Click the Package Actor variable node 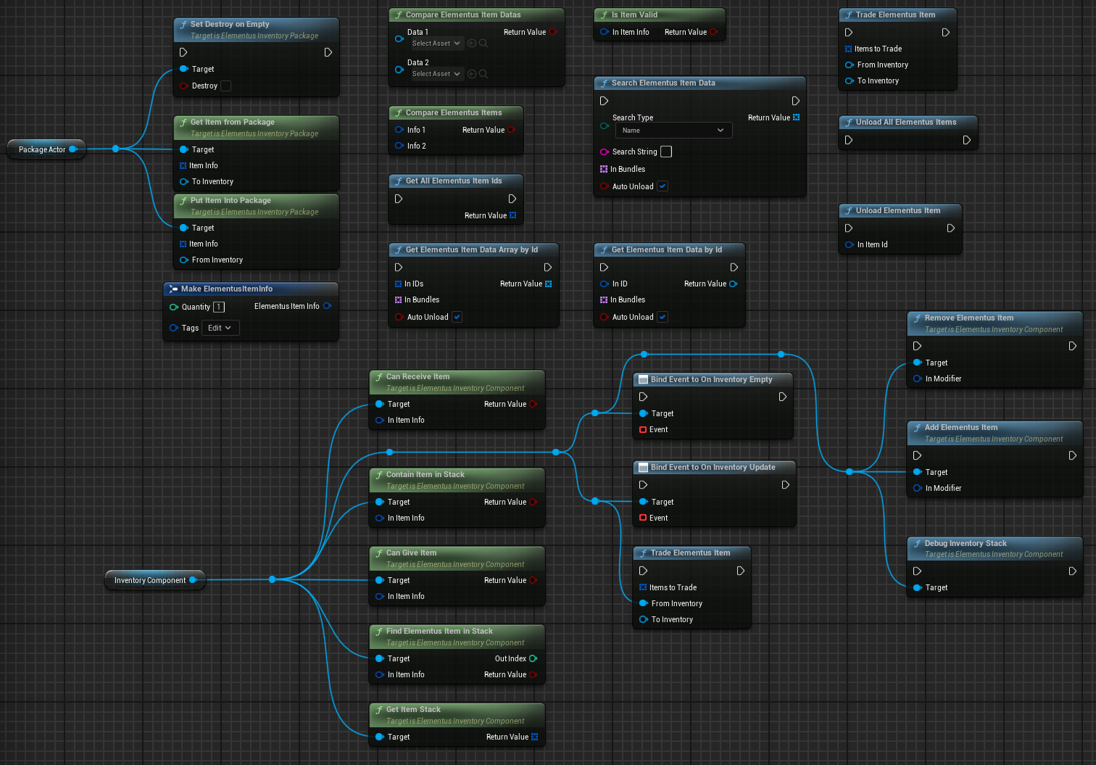pos(42,149)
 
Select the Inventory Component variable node pos(150,580)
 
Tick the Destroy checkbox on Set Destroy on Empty pos(225,86)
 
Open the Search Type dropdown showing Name pos(673,131)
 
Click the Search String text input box pos(666,152)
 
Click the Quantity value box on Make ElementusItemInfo pos(219,307)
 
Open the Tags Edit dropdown pos(219,328)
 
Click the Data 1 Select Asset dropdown pos(436,44)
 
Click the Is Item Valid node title pos(634,15)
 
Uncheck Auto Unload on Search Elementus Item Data pos(663,186)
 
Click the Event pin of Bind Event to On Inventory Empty pos(643,429)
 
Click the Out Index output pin pos(534,658)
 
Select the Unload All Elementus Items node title pos(905,122)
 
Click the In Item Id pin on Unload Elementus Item pos(849,244)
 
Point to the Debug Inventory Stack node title pos(965,543)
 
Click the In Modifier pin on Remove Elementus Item pos(918,379)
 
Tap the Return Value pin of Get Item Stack pos(534,737)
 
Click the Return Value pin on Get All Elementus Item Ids pos(512,215)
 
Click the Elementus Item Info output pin pos(327,306)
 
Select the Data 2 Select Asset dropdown pos(436,74)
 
